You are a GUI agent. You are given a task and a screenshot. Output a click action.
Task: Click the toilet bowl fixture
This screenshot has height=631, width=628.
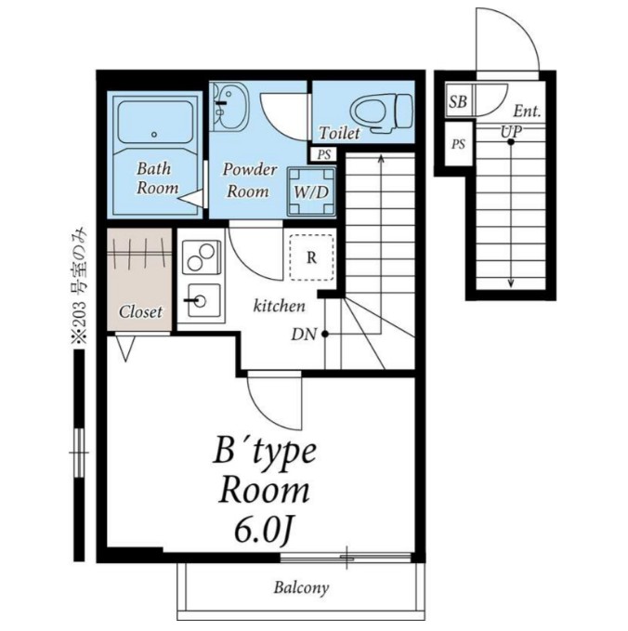(382, 113)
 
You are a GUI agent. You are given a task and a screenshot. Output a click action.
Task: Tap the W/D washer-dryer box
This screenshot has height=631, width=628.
(311, 191)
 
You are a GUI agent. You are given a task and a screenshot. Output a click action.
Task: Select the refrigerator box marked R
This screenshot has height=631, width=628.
(311, 257)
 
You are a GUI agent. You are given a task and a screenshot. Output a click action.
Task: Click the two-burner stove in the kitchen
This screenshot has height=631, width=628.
(202, 257)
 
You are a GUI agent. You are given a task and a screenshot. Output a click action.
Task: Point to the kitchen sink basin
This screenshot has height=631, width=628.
(204, 300)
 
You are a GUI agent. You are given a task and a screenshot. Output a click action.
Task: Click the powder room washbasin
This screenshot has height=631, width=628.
(229, 106)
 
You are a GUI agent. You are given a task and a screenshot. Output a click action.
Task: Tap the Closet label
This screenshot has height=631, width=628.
(140, 312)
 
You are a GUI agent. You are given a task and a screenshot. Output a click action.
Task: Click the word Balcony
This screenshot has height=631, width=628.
(301, 588)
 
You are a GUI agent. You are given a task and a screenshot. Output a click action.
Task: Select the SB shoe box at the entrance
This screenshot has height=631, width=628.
(459, 101)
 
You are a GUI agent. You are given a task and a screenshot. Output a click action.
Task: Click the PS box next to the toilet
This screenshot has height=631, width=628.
(324, 154)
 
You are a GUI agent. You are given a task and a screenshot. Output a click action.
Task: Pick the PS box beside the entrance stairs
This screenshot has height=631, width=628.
(458, 144)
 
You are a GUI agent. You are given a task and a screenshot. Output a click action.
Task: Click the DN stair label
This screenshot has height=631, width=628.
(304, 334)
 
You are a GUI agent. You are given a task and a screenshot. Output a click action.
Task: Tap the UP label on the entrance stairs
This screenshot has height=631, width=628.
(511, 132)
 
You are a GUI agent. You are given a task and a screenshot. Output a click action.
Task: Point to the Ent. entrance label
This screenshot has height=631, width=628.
(527, 111)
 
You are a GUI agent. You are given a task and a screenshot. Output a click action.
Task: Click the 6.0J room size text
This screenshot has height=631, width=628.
(263, 532)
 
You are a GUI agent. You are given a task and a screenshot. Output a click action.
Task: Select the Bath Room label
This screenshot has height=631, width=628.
(157, 178)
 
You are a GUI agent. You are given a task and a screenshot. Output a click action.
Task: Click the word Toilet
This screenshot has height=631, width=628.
(339, 133)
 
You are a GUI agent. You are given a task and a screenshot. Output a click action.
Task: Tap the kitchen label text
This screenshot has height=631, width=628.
(280, 306)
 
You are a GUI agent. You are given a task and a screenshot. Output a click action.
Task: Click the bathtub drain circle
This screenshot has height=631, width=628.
(154, 135)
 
